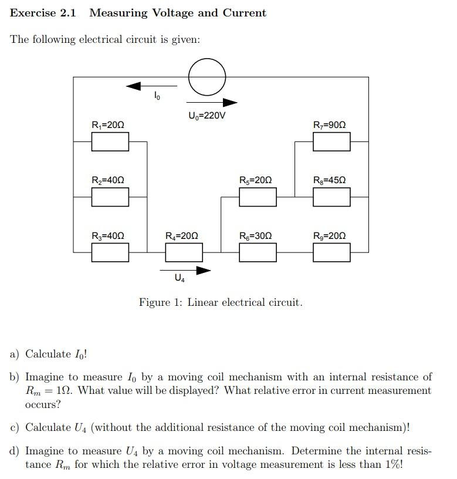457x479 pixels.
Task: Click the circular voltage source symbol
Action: tap(207, 76)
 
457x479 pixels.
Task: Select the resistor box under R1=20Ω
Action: tap(110, 141)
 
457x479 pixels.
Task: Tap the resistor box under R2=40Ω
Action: tap(110, 197)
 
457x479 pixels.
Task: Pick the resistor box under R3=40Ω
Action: tap(110, 252)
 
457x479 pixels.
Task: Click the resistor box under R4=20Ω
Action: tap(184, 252)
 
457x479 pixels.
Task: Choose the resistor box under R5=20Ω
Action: tap(258, 197)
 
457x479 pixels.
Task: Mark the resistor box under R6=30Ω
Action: tap(258, 252)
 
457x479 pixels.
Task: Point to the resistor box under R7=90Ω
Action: tap(331, 141)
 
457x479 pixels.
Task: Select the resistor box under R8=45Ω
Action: tap(331, 197)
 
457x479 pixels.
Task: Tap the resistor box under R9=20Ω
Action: tap(331, 252)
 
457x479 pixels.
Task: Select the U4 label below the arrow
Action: tap(180, 279)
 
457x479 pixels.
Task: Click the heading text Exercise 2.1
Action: tap(43, 13)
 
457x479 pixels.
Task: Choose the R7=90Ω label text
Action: tap(330, 125)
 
